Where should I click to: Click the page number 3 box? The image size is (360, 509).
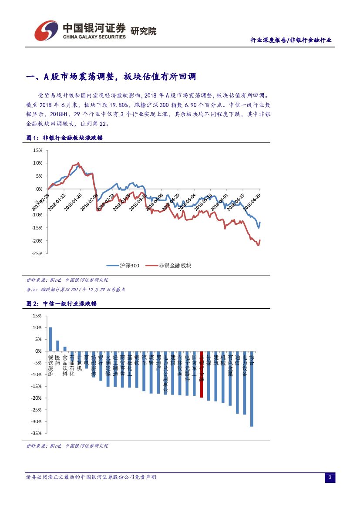click(x=330, y=478)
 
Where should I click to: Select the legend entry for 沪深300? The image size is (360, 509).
click(x=123, y=266)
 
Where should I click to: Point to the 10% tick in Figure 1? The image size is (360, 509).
click(x=37, y=163)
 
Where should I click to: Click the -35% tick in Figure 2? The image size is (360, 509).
click(x=37, y=433)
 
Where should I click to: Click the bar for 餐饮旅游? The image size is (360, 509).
click(x=50, y=339)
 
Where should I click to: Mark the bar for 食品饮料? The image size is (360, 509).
click(x=65, y=349)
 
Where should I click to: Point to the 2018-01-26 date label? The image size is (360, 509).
click(x=73, y=202)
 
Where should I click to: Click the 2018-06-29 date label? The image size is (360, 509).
click(x=252, y=201)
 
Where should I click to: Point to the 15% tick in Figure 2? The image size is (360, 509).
click(x=37, y=316)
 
